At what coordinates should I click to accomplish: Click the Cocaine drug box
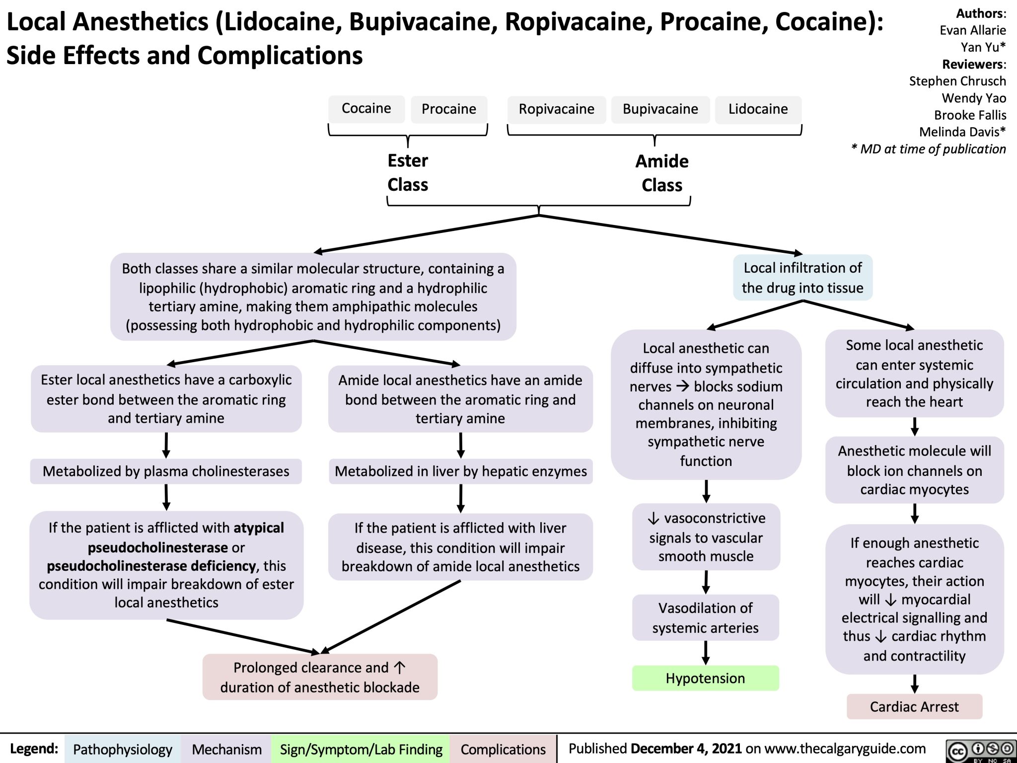pos(366,109)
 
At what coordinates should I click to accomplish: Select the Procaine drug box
pos(448,109)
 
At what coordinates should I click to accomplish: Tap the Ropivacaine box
pos(556,109)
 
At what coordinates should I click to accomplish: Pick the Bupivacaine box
pos(660,109)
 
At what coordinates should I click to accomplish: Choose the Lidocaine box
pos(758,109)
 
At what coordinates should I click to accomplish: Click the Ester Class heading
pos(408,172)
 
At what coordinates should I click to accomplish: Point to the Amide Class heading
pos(661,173)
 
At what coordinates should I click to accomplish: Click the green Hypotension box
pos(705,678)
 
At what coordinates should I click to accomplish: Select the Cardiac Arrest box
pos(914,706)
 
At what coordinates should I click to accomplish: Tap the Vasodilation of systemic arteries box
pos(705,617)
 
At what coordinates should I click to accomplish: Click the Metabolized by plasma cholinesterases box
pos(166,471)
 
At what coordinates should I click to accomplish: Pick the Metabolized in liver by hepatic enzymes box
pos(460,471)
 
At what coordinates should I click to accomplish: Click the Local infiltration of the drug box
pos(802,278)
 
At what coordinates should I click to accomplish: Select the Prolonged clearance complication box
pos(320,677)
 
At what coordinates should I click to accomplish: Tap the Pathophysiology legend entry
pos(122,749)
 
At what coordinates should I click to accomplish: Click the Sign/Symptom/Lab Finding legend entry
pos(361,749)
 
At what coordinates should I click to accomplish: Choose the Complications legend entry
pos(503,749)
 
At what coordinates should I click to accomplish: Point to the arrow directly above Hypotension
pos(706,653)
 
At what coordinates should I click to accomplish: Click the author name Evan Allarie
pos(972,30)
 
